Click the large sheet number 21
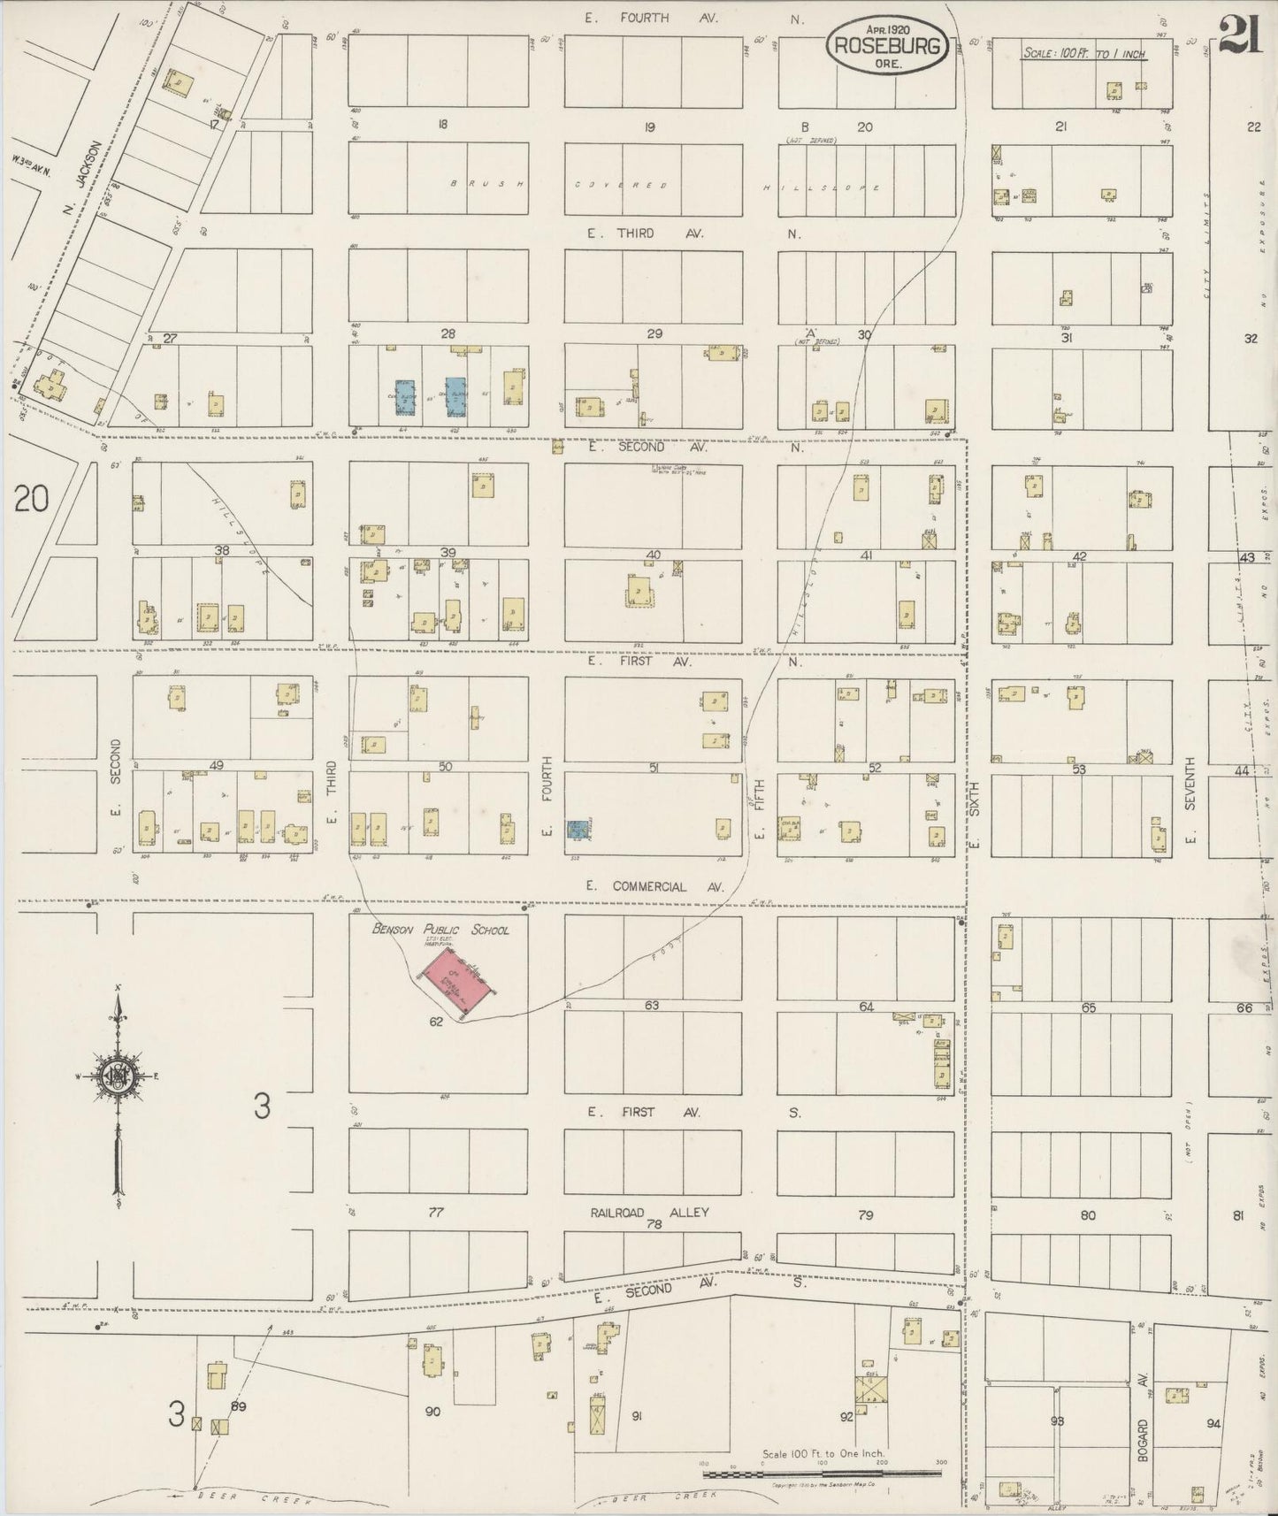tap(1239, 38)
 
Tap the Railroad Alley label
tap(650, 1213)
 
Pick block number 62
tap(435, 1022)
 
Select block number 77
tap(435, 1213)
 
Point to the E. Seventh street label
tap(1190, 800)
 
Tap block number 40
tap(653, 555)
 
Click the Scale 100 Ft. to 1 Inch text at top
tap(1083, 54)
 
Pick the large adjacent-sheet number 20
tap(30, 501)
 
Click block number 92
tap(846, 1416)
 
